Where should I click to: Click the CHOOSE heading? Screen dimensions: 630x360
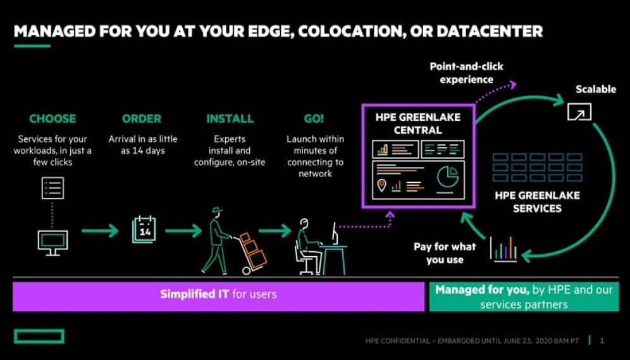pos(52,118)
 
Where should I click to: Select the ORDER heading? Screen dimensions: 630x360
pos(142,118)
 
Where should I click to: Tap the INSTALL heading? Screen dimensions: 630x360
pos(230,118)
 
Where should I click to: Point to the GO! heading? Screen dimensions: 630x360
pos(314,118)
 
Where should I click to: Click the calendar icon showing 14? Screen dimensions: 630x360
pos(144,230)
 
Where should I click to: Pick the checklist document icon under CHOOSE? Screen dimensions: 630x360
pos(52,188)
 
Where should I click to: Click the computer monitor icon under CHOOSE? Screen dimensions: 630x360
pos(52,243)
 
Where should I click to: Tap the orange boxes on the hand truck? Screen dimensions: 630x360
pos(253,249)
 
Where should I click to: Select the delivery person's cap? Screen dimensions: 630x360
pos(218,209)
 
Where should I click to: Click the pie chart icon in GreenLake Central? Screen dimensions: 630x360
pos(448,177)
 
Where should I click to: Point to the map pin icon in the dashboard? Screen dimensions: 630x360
pos(381,185)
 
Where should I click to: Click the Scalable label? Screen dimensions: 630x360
pos(595,89)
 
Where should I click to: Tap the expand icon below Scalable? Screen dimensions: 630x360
pos(579,112)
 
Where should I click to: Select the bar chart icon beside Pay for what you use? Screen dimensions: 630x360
pos(503,249)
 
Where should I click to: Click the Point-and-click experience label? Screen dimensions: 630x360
pos(466,73)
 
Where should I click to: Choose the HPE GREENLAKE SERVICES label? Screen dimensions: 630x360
pos(537,202)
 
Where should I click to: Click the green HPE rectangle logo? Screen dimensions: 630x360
pos(39,337)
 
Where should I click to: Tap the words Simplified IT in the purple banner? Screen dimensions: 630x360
pos(194,294)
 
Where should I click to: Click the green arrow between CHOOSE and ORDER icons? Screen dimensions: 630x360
pos(100,231)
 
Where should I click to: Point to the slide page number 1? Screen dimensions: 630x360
pos(602,341)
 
